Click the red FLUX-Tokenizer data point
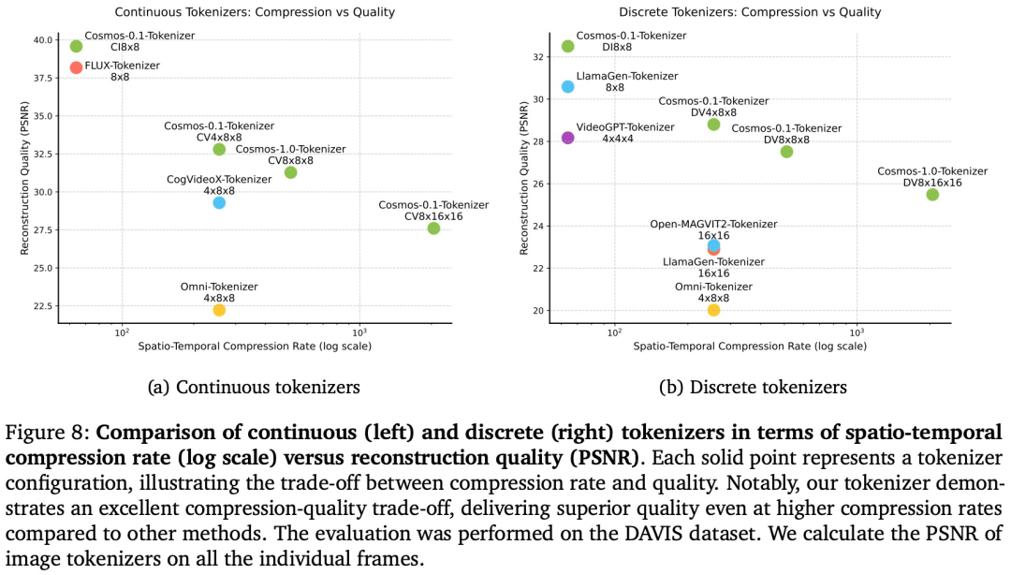(x=76, y=67)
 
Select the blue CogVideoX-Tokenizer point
(x=219, y=202)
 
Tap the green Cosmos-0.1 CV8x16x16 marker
(x=433, y=229)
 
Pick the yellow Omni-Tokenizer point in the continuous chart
(x=219, y=310)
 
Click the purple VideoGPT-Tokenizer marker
(x=567, y=138)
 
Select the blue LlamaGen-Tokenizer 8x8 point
(x=567, y=86)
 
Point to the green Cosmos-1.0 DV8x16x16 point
(x=932, y=195)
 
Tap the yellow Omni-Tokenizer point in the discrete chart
(x=713, y=310)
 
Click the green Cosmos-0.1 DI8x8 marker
(x=567, y=46)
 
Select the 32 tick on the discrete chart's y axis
(x=536, y=56)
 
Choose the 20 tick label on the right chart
(x=536, y=311)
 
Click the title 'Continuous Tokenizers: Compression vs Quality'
(x=255, y=12)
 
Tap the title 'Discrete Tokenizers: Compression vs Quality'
(x=749, y=12)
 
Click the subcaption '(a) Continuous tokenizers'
(x=255, y=387)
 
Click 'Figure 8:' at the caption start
(x=47, y=433)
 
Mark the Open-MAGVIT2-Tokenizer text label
(x=713, y=224)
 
